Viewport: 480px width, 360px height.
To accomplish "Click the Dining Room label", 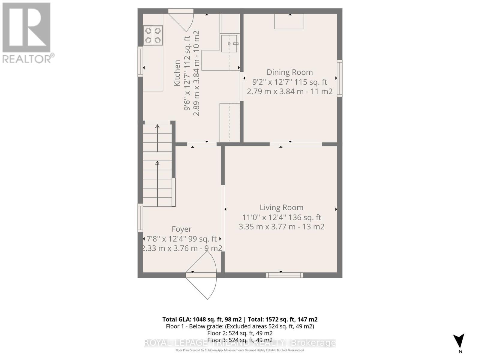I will pyautogui.click(x=289, y=72).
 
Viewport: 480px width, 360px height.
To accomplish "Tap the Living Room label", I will pyautogui.click(x=281, y=208).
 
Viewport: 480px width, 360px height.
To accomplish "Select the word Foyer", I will pyautogui.click(x=181, y=229).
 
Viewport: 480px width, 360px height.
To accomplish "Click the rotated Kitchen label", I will pyautogui.click(x=177, y=73).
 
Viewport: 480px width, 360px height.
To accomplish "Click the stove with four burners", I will pyautogui.click(x=153, y=35).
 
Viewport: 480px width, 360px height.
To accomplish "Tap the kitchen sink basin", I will pyautogui.click(x=229, y=43).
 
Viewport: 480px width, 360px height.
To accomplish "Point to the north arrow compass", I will pyautogui.click(x=459, y=341).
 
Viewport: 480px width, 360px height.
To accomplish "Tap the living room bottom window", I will pyautogui.click(x=284, y=275).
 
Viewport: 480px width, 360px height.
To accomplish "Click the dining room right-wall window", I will pyautogui.click(x=340, y=78).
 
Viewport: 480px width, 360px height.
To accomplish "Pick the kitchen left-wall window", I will pyautogui.click(x=140, y=61).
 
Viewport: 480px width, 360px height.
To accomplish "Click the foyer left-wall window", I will pyautogui.click(x=140, y=218).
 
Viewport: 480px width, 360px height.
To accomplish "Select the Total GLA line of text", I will pyautogui.click(x=240, y=319).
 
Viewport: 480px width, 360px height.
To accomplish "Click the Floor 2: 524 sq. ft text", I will pyautogui.click(x=240, y=333).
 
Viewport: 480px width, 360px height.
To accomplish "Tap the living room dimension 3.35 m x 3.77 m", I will pyautogui.click(x=281, y=227).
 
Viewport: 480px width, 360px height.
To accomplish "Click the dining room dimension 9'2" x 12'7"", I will pyautogui.click(x=289, y=82).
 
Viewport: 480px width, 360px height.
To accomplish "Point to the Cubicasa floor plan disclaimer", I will pyautogui.click(x=240, y=350).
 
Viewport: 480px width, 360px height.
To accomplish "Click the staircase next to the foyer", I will pyautogui.click(x=157, y=165).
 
